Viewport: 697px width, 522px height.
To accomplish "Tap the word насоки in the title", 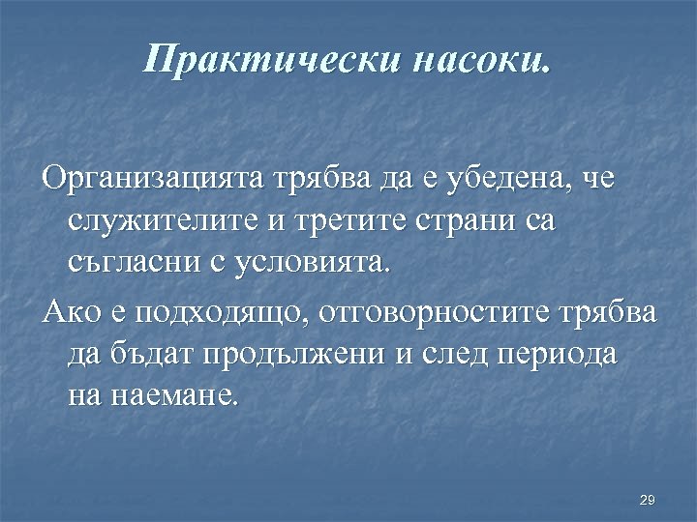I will point(482,61).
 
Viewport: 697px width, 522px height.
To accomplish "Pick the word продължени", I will point(292,354).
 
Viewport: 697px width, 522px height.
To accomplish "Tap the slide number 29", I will point(648,500).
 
